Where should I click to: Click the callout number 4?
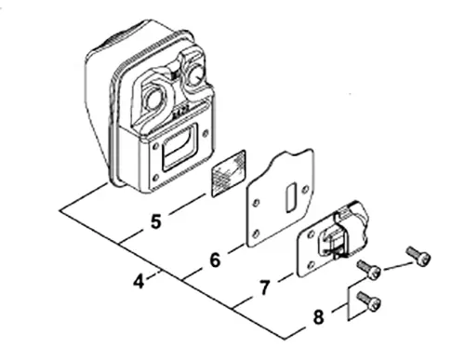point(139,282)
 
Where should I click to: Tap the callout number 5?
point(156,221)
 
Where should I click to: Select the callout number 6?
point(215,260)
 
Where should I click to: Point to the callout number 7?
point(264,287)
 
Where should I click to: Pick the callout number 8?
point(318,317)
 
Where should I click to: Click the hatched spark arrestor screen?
point(229,173)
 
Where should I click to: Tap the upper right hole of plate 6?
point(305,189)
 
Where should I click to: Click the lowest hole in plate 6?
point(256,233)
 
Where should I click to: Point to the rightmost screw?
point(418,256)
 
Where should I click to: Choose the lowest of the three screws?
point(369,301)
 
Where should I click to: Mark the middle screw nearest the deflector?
point(369,270)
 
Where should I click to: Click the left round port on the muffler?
point(153,100)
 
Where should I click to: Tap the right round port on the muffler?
point(195,74)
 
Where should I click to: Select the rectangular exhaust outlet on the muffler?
point(180,147)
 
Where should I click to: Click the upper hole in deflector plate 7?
point(311,235)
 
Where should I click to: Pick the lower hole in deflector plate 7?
point(312,265)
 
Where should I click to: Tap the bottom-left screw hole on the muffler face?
point(156,178)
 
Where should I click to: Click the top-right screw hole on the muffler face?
point(206,134)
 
